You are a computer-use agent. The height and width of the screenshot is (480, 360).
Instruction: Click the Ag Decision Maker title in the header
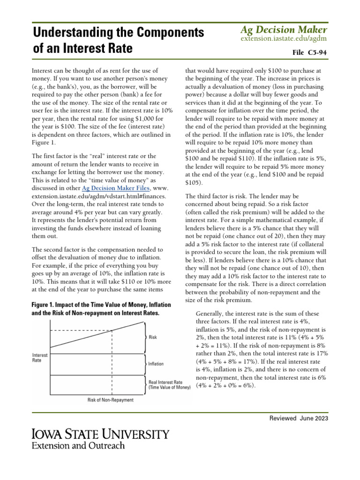click(x=284, y=30)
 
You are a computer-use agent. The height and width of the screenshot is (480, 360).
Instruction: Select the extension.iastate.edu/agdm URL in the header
click(x=284, y=38)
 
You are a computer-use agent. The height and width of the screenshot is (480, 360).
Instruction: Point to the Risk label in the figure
click(x=153, y=337)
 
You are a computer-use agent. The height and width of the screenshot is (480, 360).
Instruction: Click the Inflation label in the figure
click(x=156, y=363)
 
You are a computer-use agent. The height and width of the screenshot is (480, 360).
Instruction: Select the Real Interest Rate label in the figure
click(x=165, y=382)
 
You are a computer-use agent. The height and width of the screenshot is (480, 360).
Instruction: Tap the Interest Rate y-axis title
click(x=39, y=358)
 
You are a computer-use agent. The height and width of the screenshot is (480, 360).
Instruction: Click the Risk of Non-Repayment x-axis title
click(x=110, y=400)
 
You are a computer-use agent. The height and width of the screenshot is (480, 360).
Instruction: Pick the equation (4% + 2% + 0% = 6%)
click(x=226, y=385)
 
